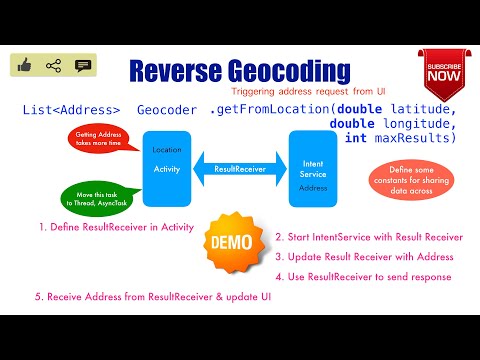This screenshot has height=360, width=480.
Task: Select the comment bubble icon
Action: click(83, 66)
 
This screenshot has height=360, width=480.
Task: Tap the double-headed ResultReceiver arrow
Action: click(239, 169)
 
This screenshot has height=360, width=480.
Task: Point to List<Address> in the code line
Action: click(71, 110)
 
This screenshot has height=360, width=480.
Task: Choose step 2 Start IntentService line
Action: click(369, 237)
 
